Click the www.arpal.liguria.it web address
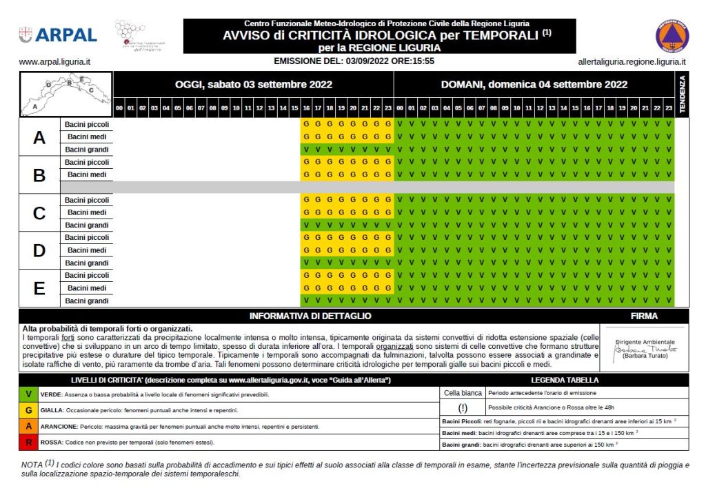point(55,61)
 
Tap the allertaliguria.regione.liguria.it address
point(632,61)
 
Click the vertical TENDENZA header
point(683,95)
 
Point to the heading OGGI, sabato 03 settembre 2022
point(254,85)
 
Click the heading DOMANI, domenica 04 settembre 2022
point(534,85)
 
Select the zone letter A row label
point(39,137)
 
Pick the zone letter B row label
point(39,175)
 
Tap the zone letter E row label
point(39,288)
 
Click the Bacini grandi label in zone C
point(87,225)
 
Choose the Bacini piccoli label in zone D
point(87,238)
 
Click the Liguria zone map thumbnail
point(67,94)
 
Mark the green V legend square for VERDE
point(28,394)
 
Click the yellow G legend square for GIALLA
point(28,410)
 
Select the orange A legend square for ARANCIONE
point(28,426)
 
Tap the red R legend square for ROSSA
point(28,442)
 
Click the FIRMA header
point(644,316)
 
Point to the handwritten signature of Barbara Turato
point(644,350)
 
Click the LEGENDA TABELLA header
point(564,380)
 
